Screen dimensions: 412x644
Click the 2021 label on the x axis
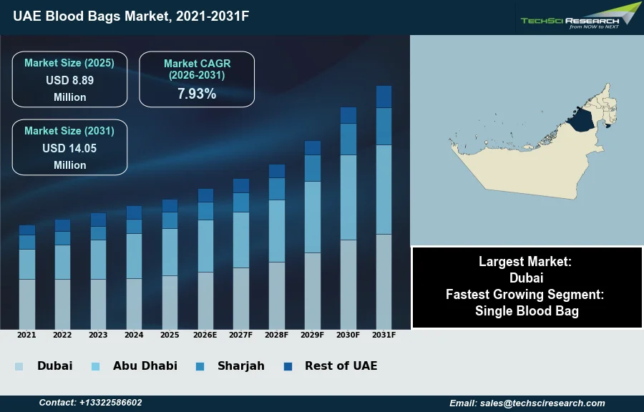[x=26, y=335]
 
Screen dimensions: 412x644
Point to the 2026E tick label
[x=205, y=335]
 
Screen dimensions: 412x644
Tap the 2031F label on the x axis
[x=384, y=335]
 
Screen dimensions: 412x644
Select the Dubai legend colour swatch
[x=19, y=366]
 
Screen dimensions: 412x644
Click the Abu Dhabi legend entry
[x=145, y=366]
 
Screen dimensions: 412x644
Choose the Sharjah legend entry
[x=241, y=366]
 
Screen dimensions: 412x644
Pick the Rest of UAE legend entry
[x=341, y=366]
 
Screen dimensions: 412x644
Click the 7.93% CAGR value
[x=197, y=93]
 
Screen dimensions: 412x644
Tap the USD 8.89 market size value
[x=69, y=81]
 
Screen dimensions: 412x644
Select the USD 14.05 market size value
[x=69, y=149]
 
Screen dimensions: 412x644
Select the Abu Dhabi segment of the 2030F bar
[x=348, y=197]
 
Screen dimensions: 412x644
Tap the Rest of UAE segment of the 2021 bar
[x=26, y=230]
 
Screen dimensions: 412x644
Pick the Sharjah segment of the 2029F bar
[x=313, y=168]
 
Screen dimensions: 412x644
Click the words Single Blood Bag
[x=527, y=311]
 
